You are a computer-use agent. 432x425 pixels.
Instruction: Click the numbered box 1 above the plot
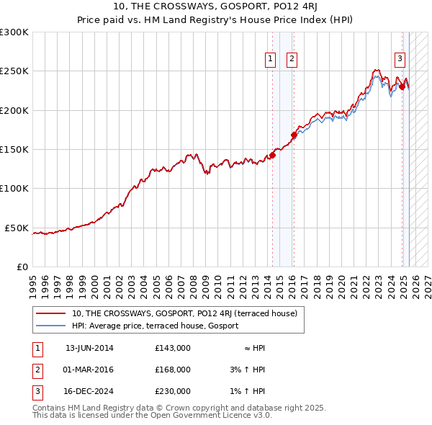pyautogui.click(x=271, y=60)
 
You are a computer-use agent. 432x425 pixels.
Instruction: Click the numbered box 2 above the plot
pyautogui.click(x=292, y=60)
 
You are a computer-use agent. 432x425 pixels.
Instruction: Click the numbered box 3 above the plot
pyautogui.click(x=400, y=60)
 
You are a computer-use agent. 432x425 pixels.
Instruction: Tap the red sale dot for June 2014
pyautogui.click(x=273, y=155)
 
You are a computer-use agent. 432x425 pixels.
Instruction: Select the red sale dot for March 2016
pyautogui.click(x=294, y=135)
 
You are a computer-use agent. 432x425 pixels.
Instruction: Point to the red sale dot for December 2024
pyautogui.click(x=402, y=86)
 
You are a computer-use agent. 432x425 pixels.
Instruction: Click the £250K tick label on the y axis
pyautogui.click(x=14, y=71)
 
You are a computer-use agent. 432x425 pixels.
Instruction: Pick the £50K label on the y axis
pyautogui.click(x=17, y=228)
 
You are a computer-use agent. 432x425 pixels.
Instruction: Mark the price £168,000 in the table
pyautogui.click(x=172, y=370)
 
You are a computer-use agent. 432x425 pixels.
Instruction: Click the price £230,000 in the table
pyautogui.click(x=172, y=391)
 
